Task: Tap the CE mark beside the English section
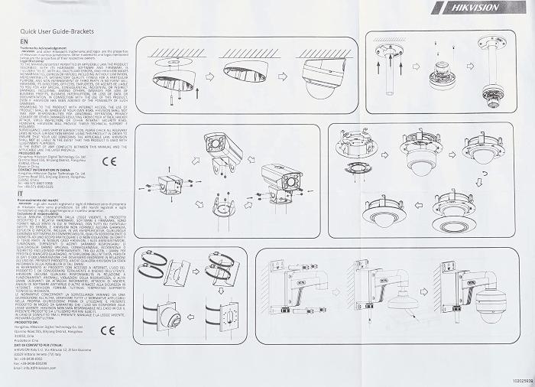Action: tap(109, 161)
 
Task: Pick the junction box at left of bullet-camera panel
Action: tap(166, 184)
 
